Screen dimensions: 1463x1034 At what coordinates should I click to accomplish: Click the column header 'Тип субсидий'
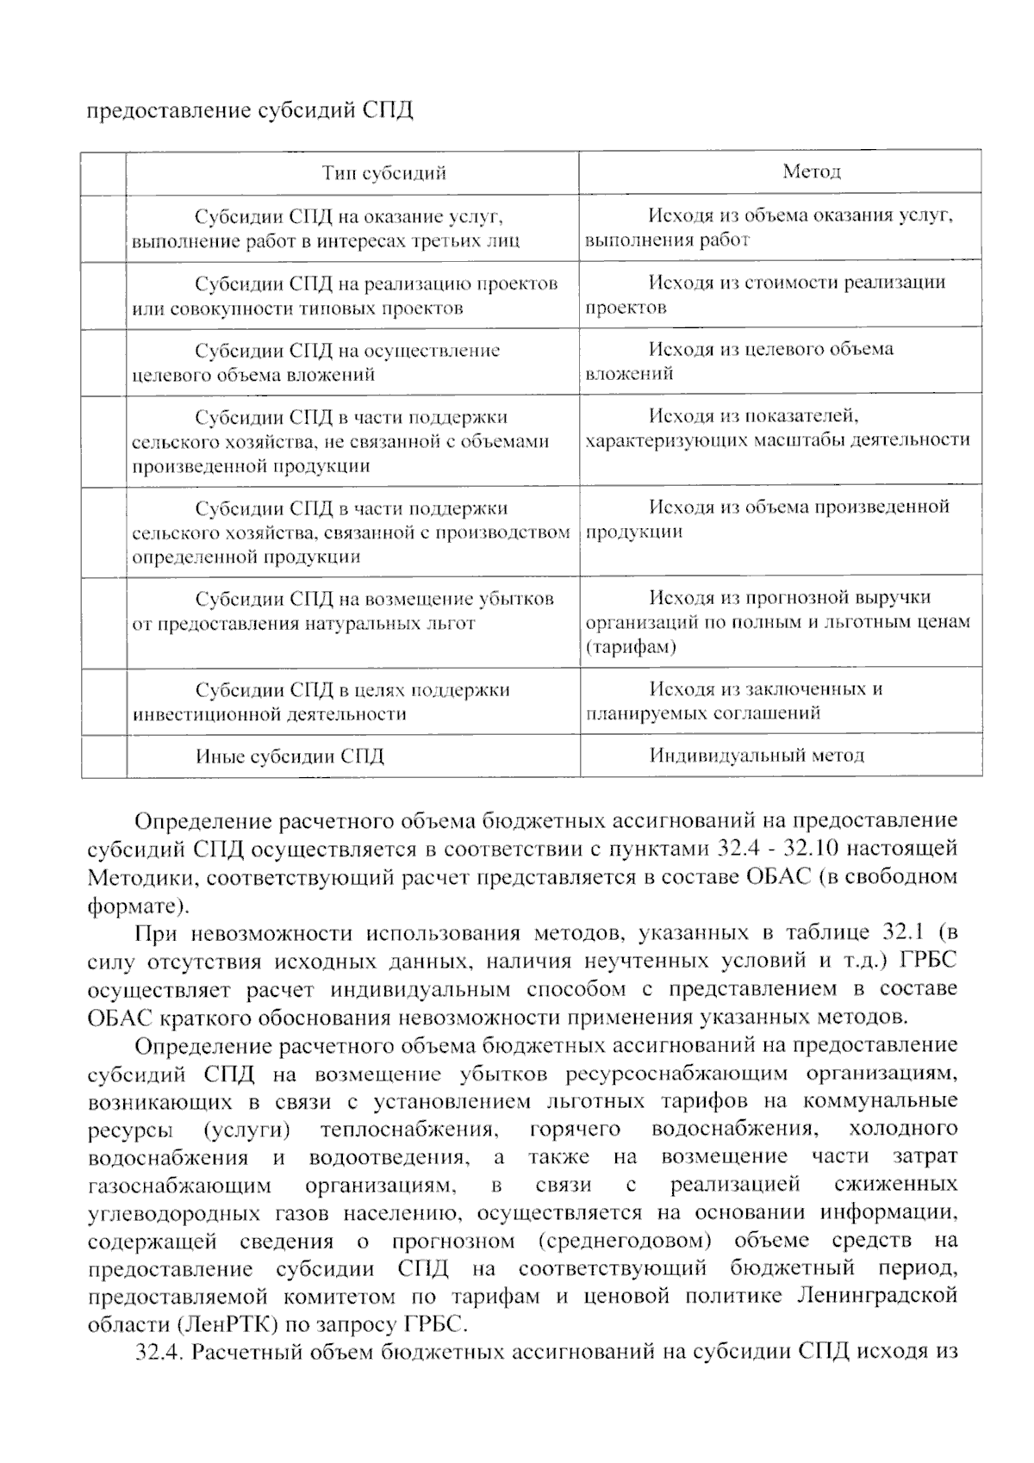click(384, 173)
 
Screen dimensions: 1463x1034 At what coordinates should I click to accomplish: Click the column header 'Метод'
click(811, 171)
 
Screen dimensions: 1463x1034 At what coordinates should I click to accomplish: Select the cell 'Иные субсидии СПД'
click(290, 756)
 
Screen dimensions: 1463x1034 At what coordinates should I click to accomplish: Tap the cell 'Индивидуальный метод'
click(756, 756)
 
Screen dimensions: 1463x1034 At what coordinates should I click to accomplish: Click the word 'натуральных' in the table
click(364, 623)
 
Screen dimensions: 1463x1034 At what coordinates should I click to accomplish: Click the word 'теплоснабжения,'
click(408, 1129)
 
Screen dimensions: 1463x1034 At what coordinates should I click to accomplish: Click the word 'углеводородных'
click(173, 1213)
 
